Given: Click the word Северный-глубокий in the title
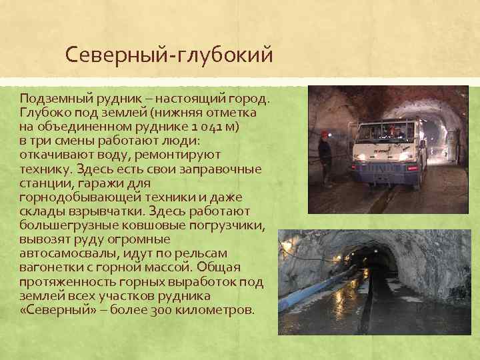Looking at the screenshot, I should (170, 55).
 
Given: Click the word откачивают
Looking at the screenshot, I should (57, 154).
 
